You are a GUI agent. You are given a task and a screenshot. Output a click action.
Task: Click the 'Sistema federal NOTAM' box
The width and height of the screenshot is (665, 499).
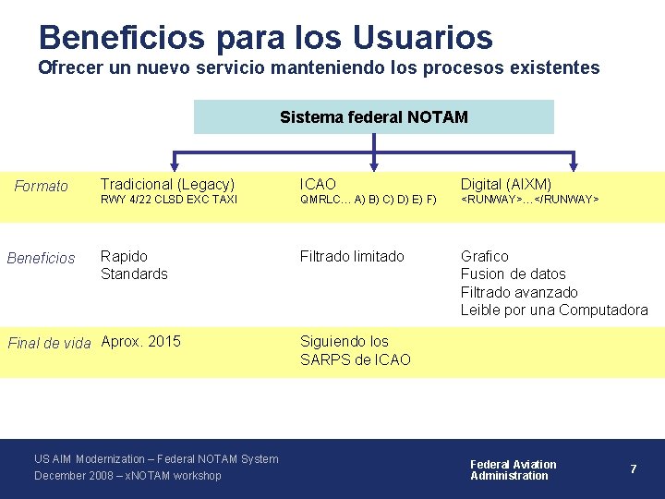tap(373, 117)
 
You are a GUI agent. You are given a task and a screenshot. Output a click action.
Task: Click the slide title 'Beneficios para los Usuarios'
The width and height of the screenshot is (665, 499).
tap(266, 37)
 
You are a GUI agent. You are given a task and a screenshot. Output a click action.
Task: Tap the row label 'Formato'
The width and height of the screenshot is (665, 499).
tap(42, 187)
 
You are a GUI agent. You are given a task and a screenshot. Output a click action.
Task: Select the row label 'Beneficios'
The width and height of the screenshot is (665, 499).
tap(42, 258)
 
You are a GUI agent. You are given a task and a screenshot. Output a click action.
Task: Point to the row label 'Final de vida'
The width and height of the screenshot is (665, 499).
tap(49, 343)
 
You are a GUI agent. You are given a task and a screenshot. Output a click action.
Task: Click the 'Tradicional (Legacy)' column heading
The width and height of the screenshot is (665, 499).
tap(167, 184)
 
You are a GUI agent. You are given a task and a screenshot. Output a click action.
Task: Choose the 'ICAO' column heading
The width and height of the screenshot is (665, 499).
tap(318, 184)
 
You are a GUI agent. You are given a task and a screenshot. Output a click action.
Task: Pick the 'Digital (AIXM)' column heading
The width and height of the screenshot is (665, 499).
tap(506, 184)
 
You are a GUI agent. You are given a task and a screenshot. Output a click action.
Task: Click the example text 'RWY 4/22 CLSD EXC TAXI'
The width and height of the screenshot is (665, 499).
tap(169, 200)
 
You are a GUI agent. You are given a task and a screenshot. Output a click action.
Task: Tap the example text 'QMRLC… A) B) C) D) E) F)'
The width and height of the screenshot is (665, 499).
tap(368, 200)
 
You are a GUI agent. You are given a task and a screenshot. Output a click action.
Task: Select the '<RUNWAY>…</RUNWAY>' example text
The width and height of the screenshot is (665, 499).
tap(530, 200)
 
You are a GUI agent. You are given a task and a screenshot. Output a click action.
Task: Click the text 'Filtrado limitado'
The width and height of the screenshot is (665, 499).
tap(352, 256)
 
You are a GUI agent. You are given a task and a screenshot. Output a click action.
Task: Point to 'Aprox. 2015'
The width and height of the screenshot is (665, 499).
tap(140, 341)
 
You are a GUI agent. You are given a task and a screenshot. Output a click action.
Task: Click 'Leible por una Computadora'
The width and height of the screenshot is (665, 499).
tap(554, 310)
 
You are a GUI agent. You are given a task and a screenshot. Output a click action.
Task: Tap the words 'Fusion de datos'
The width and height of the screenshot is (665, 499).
tap(513, 274)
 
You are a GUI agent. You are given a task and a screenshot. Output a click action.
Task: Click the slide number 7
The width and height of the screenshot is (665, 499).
tap(633, 469)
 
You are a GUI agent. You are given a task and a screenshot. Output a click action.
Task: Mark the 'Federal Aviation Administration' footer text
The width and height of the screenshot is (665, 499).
tap(514, 469)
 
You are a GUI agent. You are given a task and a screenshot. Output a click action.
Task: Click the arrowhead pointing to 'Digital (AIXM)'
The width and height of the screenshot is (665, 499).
tap(574, 164)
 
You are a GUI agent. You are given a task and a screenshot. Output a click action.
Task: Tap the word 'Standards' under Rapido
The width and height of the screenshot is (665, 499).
tap(134, 274)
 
